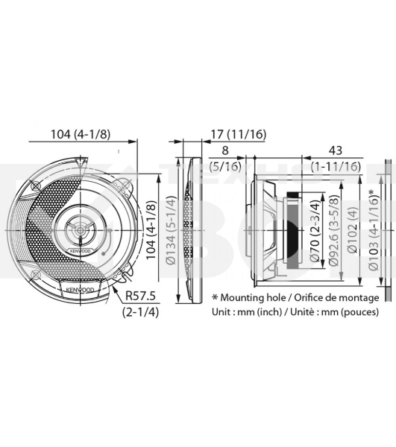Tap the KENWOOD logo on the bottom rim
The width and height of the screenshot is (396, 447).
coord(81,288)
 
